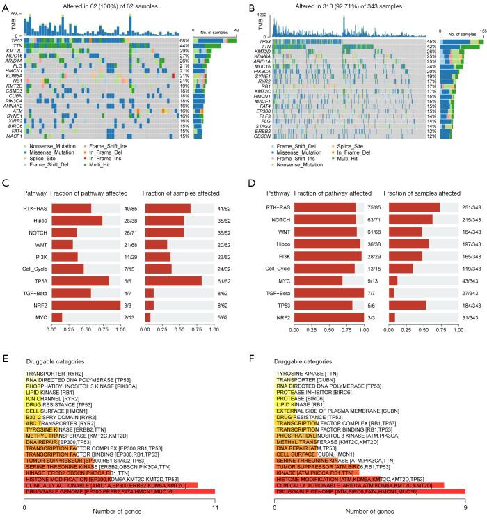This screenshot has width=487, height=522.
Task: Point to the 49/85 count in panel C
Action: click(x=131, y=209)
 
